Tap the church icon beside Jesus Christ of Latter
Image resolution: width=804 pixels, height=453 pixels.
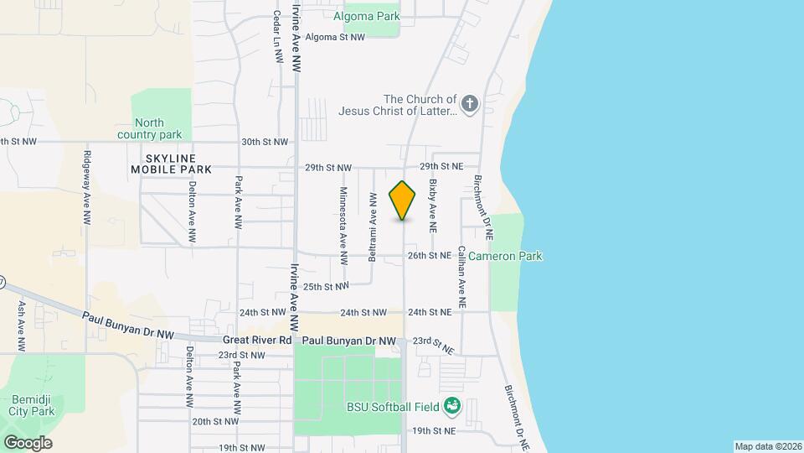click(x=470, y=105)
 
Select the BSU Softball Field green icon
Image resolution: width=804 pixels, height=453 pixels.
click(x=453, y=407)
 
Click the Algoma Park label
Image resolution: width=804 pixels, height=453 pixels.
click(x=366, y=16)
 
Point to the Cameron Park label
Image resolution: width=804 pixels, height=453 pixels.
click(x=505, y=256)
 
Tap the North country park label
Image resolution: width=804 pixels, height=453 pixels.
click(x=150, y=128)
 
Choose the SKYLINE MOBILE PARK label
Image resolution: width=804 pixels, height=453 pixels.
click(x=171, y=164)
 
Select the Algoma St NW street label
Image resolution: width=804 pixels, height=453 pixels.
click(x=335, y=37)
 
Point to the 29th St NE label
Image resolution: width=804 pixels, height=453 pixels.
click(x=441, y=167)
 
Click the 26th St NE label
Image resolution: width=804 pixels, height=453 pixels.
click(x=430, y=255)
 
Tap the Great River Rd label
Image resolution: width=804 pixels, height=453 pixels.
click(x=257, y=341)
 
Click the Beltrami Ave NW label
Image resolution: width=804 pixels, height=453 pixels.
click(x=373, y=226)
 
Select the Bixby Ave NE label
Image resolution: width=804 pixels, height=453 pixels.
click(x=433, y=206)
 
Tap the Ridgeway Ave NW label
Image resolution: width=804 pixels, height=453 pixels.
click(x=86, y=188)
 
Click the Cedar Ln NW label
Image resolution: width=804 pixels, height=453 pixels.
click(x=276, y=37)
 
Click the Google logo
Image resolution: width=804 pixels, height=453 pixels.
click(x=27, y=442)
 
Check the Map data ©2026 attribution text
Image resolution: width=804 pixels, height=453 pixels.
click(x=767, y=446)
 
